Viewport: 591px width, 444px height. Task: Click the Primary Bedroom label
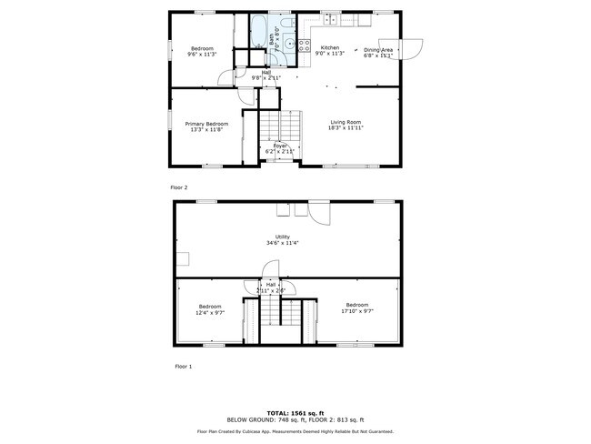[206, 124]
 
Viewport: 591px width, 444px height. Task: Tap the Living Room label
[346, 122]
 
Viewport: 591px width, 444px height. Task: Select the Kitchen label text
[330, 47]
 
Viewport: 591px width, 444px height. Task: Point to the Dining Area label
[378, 50]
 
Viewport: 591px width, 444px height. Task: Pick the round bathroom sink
[289, 42]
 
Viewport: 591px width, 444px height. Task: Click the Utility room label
[283, 237]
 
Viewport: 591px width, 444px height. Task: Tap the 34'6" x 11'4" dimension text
[283, 243]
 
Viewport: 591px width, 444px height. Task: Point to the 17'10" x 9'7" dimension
[357, 311]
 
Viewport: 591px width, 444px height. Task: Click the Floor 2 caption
[179, 187]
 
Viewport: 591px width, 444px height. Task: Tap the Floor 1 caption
[183, 367]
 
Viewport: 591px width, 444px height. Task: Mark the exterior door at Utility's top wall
[319, 212]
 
